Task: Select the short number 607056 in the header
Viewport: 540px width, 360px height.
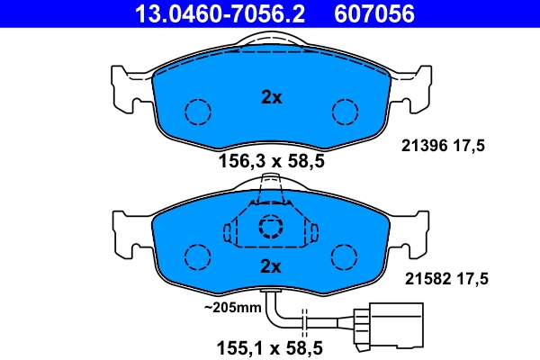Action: (376, 13)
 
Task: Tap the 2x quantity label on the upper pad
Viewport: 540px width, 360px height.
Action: (271, 98)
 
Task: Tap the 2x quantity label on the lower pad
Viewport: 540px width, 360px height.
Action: (271, 265)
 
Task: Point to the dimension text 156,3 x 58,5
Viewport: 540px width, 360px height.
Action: (271, 162)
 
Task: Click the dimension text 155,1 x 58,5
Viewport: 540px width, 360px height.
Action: (271, 345)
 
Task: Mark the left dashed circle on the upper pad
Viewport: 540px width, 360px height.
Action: (197, 112)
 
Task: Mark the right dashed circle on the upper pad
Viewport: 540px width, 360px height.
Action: (346, 112)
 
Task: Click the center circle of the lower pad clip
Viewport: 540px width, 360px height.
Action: (271, 226)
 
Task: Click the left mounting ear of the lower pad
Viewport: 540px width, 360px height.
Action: (128, 230)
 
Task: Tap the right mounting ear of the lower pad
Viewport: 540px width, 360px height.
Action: (413, 230)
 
